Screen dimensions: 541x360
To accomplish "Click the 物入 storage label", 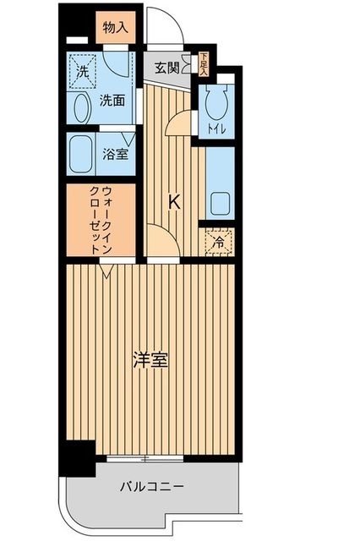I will click(115, 28).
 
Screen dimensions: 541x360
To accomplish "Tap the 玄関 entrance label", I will click(167, 68).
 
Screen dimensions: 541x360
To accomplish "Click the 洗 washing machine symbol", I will click(83, 72).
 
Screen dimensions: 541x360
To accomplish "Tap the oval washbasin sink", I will click(82, 107).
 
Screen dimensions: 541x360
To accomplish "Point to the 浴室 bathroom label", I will click(115, 156).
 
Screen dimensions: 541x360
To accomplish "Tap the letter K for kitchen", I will click(175, 202).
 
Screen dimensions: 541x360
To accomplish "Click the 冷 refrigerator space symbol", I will click(219, 242).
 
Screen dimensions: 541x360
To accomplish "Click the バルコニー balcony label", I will click(151, 486).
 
